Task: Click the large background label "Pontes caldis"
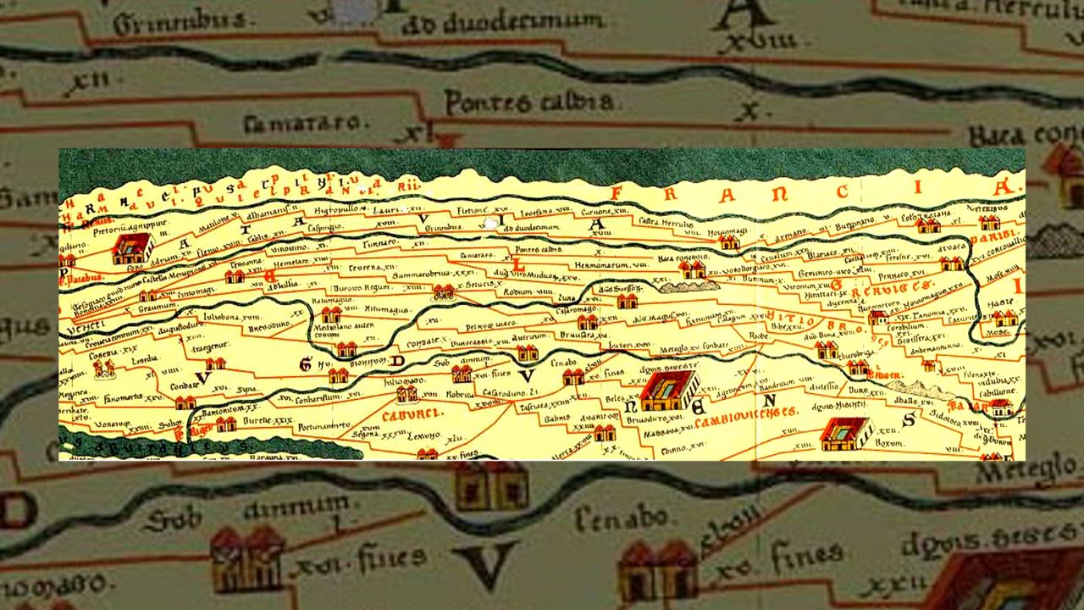(x=528, y=103)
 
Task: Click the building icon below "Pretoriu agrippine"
(x=131, y=248)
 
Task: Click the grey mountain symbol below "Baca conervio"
(x=687, y=286)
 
